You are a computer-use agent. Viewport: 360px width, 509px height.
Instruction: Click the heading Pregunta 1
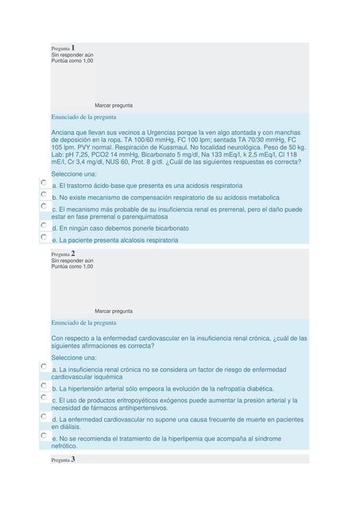(63, 49)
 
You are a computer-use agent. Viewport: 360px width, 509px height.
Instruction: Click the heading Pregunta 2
(63, 254)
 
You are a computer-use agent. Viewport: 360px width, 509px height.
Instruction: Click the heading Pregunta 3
(63, 460)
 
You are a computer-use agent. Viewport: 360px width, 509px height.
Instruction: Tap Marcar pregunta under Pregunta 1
(114, 105)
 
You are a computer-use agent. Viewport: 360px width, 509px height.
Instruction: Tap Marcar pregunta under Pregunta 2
(114, 311)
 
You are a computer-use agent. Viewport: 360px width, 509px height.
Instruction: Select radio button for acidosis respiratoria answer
(43, 183)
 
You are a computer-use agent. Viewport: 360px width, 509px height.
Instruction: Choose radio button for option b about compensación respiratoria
(43, 195)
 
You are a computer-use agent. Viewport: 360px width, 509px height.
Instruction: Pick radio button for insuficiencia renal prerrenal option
(43, 207)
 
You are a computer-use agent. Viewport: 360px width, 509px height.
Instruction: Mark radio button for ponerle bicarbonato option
(43, 226)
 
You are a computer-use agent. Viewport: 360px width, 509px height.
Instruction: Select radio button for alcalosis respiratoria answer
(43, 237)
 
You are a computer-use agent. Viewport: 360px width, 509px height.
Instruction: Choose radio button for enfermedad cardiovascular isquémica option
(43, 367)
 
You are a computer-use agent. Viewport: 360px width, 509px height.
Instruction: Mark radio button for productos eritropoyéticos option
(43, 398)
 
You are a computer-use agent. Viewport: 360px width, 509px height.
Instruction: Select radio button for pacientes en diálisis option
(43, 417)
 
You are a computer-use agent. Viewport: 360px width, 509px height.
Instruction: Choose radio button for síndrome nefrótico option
(43, 436)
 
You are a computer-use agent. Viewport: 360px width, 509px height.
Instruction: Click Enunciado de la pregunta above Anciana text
(83, 117)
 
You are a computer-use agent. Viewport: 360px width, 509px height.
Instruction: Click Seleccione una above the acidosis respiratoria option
(74, 173)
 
